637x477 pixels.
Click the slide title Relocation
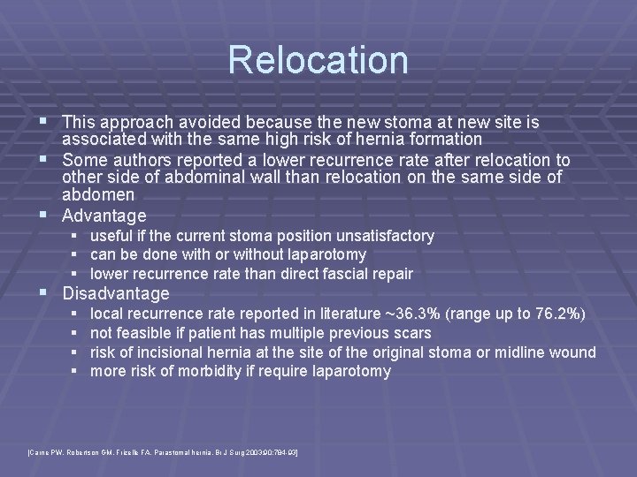tap(318, 60)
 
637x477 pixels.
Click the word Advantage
tap(104, 216)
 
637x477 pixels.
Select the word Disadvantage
tap(116, 293)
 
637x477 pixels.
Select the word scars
tap(411, 333)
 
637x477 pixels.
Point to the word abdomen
tap(98, 194)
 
